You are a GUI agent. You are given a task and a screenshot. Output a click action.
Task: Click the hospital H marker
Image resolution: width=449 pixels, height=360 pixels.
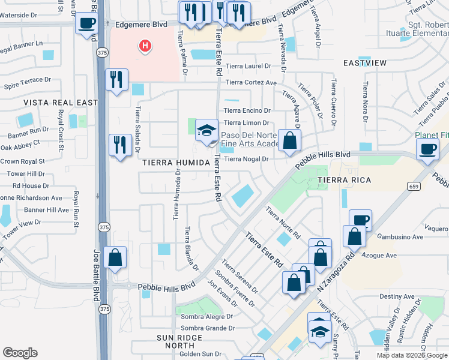(144, 46)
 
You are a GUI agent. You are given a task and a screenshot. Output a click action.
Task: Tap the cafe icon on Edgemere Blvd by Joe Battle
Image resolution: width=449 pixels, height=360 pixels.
(86, 24)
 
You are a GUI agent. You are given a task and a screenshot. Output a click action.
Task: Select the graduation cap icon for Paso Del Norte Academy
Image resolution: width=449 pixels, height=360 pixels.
(206, 130)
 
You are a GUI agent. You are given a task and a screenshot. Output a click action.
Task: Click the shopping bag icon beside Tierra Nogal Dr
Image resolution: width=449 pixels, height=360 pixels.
(289, 141)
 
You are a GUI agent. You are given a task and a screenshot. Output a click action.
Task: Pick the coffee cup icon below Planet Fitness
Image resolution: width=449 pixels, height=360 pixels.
(427, 149)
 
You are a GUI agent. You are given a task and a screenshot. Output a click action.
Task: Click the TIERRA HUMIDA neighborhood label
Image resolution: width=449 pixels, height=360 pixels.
(175, 163)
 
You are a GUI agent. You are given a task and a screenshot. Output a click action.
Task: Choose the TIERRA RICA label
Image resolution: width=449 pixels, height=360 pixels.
(344, 180)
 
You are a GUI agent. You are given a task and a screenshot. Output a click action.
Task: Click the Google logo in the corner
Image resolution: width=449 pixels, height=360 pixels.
(20, 353)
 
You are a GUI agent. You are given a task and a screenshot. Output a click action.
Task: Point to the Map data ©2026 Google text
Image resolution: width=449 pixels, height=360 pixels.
(411, 355)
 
